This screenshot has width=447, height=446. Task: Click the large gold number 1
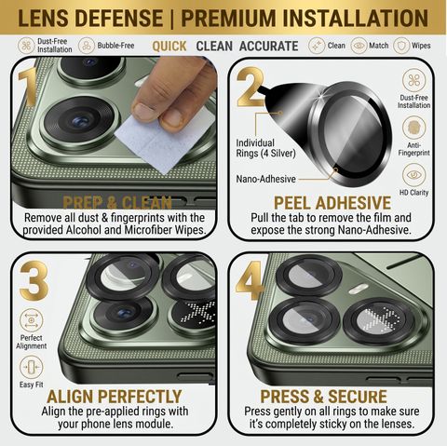(28, 87)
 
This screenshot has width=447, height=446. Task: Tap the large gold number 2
(251, 87)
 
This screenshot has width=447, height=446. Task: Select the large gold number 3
(34, 280)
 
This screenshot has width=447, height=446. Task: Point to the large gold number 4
(250, 281)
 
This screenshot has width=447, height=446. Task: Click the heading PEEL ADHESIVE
(332, 203)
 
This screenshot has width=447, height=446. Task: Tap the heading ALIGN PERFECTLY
(115, 397)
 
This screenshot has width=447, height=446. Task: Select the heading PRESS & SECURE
(323, 397)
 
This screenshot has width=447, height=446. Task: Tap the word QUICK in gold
(169, 47)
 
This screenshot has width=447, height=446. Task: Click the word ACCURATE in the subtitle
(268, 47)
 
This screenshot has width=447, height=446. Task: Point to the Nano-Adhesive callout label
(265, 179)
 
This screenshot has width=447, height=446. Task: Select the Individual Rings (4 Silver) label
(265, 148)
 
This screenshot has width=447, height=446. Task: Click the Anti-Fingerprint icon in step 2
(413, 128)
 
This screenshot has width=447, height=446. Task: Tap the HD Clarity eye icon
(413, 175)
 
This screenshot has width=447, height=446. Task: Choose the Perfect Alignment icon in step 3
(32, 320)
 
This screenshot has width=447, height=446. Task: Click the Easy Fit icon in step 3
(32, 368)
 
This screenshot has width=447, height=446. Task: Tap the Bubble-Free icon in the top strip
(87, 46)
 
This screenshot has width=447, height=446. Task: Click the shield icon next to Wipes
(401, 46)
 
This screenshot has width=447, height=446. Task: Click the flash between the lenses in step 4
(359, 290)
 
